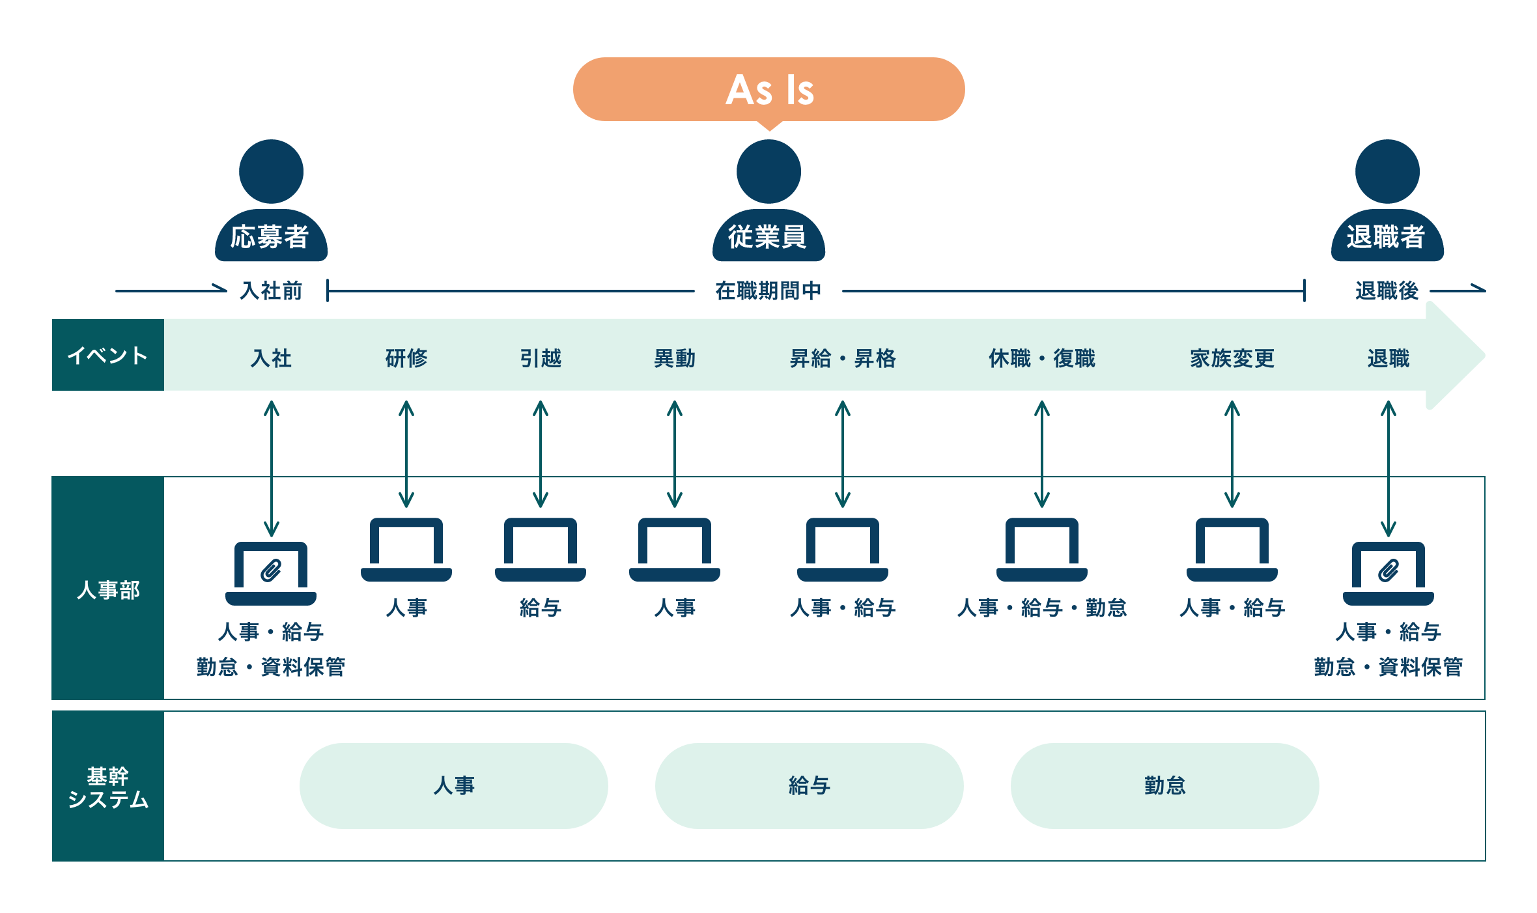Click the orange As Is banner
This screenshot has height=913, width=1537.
(768, 89)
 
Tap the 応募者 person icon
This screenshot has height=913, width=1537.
(271, 200)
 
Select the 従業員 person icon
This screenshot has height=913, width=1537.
(768, 200)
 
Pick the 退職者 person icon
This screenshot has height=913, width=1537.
(1387, 200)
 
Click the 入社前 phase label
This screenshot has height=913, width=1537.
(271, 290)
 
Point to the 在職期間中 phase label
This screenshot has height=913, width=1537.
(768, 290)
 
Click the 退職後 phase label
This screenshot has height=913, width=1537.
(1387, 290)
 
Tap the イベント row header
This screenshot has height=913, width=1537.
(108, 355)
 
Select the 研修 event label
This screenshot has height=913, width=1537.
(406, 358)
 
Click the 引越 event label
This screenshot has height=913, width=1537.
(541, 358)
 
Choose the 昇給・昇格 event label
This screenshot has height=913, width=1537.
(843, 358)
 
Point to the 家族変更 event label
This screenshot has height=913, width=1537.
(1232, 358)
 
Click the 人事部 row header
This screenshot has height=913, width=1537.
(108, 588)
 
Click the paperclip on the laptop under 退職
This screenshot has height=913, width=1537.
(1389, 570)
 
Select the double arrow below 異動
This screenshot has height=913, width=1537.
(675, 454)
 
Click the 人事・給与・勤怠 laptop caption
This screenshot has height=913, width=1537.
(1042, 608)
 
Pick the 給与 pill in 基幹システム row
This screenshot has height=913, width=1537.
(810, 785)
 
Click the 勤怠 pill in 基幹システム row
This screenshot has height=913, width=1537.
(1165, 785)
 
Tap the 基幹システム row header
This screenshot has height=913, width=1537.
(108, 786)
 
